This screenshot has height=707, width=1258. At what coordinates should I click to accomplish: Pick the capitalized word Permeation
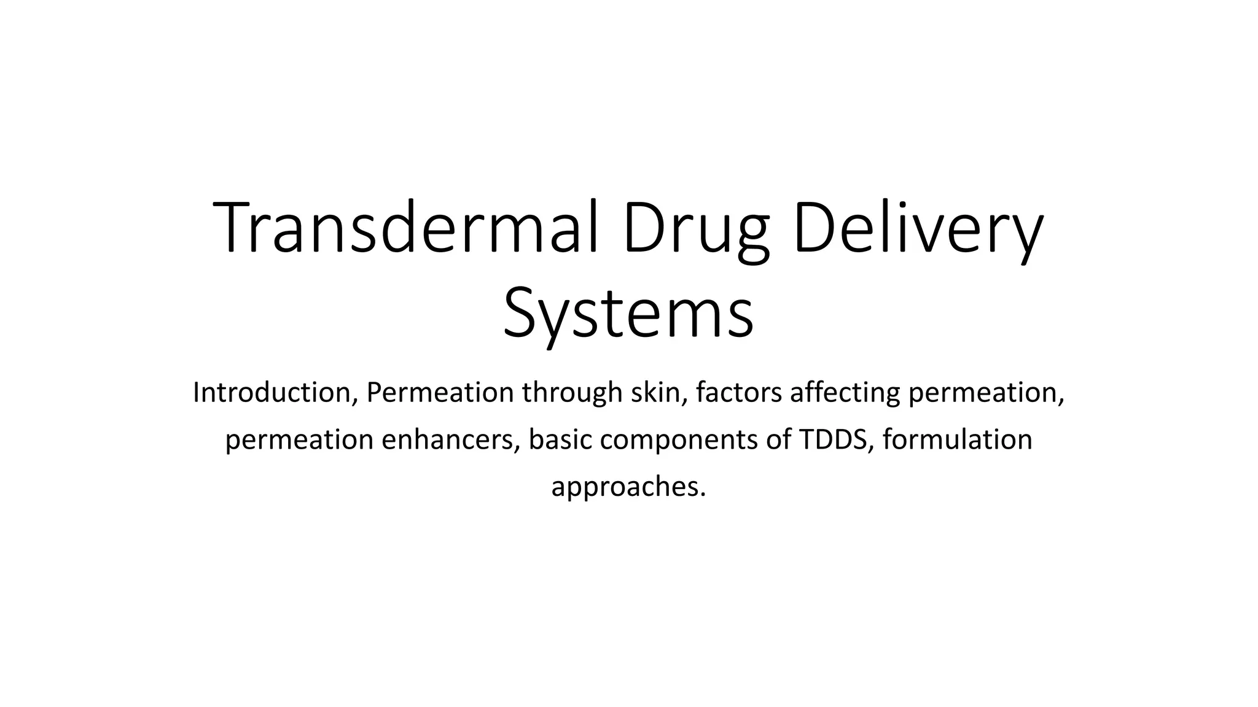click(440, 392)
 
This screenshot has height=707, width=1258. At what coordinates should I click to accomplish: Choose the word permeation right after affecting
click(985, 393)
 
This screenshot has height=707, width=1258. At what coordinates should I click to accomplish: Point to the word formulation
click(958, 439)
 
